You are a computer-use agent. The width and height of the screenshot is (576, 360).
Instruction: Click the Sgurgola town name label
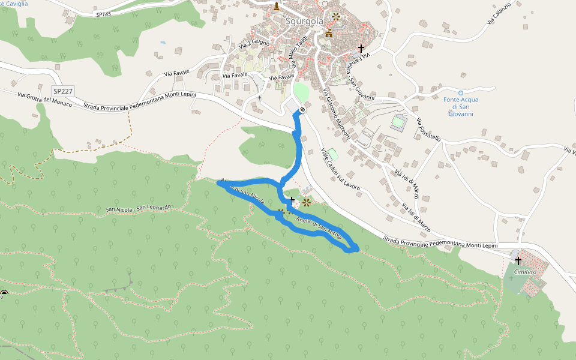point(304,21)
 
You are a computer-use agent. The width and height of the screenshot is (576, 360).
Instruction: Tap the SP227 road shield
point(62,91)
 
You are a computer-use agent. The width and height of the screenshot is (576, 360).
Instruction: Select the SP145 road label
point(104,14)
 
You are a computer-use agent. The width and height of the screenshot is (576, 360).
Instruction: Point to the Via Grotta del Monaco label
point(44,100)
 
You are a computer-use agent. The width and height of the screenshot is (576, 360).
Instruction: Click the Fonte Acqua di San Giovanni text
point(461,106)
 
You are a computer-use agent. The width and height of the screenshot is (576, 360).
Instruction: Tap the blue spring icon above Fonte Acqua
point(461,93)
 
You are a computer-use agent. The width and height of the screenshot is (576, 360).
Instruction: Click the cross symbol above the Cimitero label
point(518,260)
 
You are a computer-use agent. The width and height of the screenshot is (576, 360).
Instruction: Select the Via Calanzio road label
point(499,13)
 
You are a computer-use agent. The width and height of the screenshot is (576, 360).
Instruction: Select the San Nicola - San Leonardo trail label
point(138,208)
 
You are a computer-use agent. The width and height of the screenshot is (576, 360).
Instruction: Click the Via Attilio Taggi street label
point(298,52)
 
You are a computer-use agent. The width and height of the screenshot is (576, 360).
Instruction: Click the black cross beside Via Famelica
point(361,47)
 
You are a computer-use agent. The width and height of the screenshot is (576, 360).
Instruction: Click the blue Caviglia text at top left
point(14,4)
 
